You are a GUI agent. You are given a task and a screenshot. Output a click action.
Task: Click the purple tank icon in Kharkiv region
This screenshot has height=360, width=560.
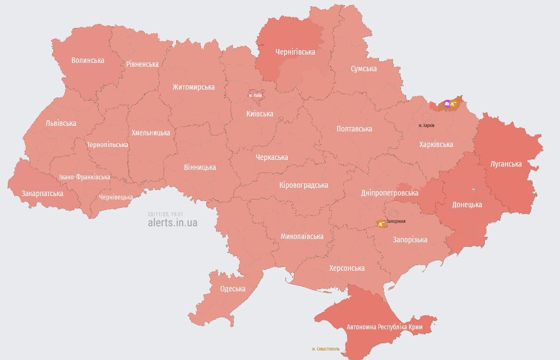[447, 103]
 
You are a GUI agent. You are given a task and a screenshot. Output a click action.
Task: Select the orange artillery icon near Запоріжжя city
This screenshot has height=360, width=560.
[382, 223]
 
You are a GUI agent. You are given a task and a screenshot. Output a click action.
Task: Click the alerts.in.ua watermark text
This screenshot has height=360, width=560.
[172, 222]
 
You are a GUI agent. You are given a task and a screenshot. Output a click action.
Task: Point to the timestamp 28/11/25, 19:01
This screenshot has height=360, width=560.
[165, 214]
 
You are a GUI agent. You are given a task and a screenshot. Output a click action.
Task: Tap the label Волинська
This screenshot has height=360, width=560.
[87, 60]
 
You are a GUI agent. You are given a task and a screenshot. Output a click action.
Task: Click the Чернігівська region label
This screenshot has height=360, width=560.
[295, 52]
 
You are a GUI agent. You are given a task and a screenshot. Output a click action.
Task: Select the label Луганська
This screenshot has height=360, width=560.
[506, 164]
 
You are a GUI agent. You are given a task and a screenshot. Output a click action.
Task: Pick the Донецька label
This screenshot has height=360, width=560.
[467, 205]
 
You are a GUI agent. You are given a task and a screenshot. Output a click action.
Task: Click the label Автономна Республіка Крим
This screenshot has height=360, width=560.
[384, 327]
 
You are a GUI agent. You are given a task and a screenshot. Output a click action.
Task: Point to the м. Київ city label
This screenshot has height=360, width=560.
[255, 95]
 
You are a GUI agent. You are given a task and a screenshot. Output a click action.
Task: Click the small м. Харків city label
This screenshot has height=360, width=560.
[426, 125]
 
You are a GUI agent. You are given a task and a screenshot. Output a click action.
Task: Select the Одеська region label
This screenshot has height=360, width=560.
[232, 289]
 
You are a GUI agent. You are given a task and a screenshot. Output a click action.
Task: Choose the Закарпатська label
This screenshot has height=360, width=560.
[42, 193]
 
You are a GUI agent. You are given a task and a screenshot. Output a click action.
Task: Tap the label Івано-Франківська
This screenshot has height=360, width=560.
[85, 177]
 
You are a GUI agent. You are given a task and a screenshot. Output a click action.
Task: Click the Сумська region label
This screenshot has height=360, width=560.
[363, 69]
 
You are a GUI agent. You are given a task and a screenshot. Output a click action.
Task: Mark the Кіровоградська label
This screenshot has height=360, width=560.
[304, 185]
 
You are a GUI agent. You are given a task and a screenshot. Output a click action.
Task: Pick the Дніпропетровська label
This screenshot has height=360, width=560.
[389, 193]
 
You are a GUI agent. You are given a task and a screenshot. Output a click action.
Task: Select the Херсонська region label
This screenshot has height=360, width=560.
[347, 268]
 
